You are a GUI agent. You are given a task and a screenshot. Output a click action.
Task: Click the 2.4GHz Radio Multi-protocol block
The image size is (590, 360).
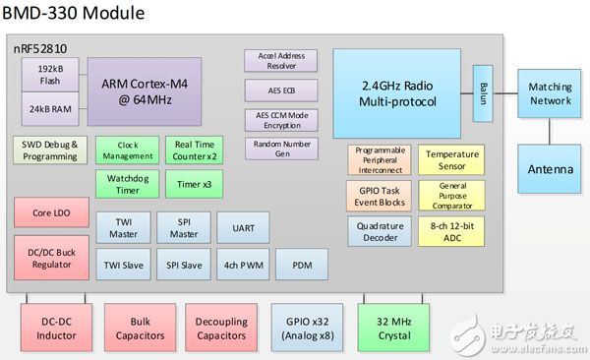[403, 87]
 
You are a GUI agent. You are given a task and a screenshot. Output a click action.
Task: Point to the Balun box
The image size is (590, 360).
[483, 94]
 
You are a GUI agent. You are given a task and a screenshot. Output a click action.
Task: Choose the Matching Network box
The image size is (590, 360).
[550, 94]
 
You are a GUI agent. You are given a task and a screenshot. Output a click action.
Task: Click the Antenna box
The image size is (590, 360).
[550, 169]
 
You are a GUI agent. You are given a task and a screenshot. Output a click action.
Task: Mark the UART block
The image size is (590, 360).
[242, 227]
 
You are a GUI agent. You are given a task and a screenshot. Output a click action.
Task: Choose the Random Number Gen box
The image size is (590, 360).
[280, 149]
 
